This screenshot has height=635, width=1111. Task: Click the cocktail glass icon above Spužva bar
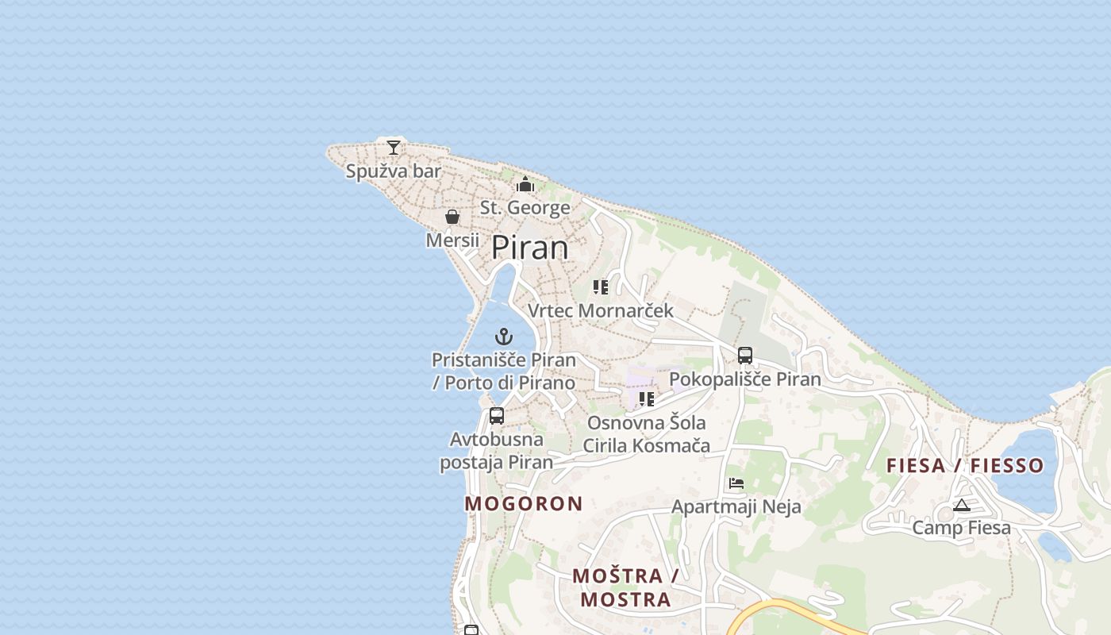[x=394, y=148]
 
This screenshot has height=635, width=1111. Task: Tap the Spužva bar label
[x=394, y=171]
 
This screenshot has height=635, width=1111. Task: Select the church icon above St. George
[x=525, y=185]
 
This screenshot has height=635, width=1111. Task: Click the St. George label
[x=525, y=208]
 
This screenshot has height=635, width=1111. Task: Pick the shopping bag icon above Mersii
[x=452, y=217]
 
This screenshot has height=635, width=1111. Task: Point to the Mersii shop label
[x=452, y=240]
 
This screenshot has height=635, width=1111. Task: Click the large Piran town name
[x=530, y=248]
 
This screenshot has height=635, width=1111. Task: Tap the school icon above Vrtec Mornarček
[x=601, y=287]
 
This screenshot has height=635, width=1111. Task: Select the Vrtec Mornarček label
[x=601, y=310]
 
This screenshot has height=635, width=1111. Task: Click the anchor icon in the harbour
[x=504, y=337]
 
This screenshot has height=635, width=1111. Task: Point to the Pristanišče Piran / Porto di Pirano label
[x=504, y=371]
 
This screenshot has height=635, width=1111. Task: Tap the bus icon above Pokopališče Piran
[x=745, y=356]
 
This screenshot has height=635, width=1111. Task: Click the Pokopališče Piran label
[x=745, y=379]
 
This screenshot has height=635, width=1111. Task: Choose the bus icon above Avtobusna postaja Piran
[x=497, y=415]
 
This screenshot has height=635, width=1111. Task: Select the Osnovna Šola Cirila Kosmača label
[x=646, y=434]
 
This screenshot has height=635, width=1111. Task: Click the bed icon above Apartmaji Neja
[x=736, y=483]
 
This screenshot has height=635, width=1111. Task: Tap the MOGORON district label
[x=524, y=503]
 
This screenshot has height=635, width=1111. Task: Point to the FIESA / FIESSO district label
[x=965, y=466]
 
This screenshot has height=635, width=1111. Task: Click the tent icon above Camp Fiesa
[x=962, y=505]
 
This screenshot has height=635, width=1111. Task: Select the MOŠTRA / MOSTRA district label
[x=625, y=587]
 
